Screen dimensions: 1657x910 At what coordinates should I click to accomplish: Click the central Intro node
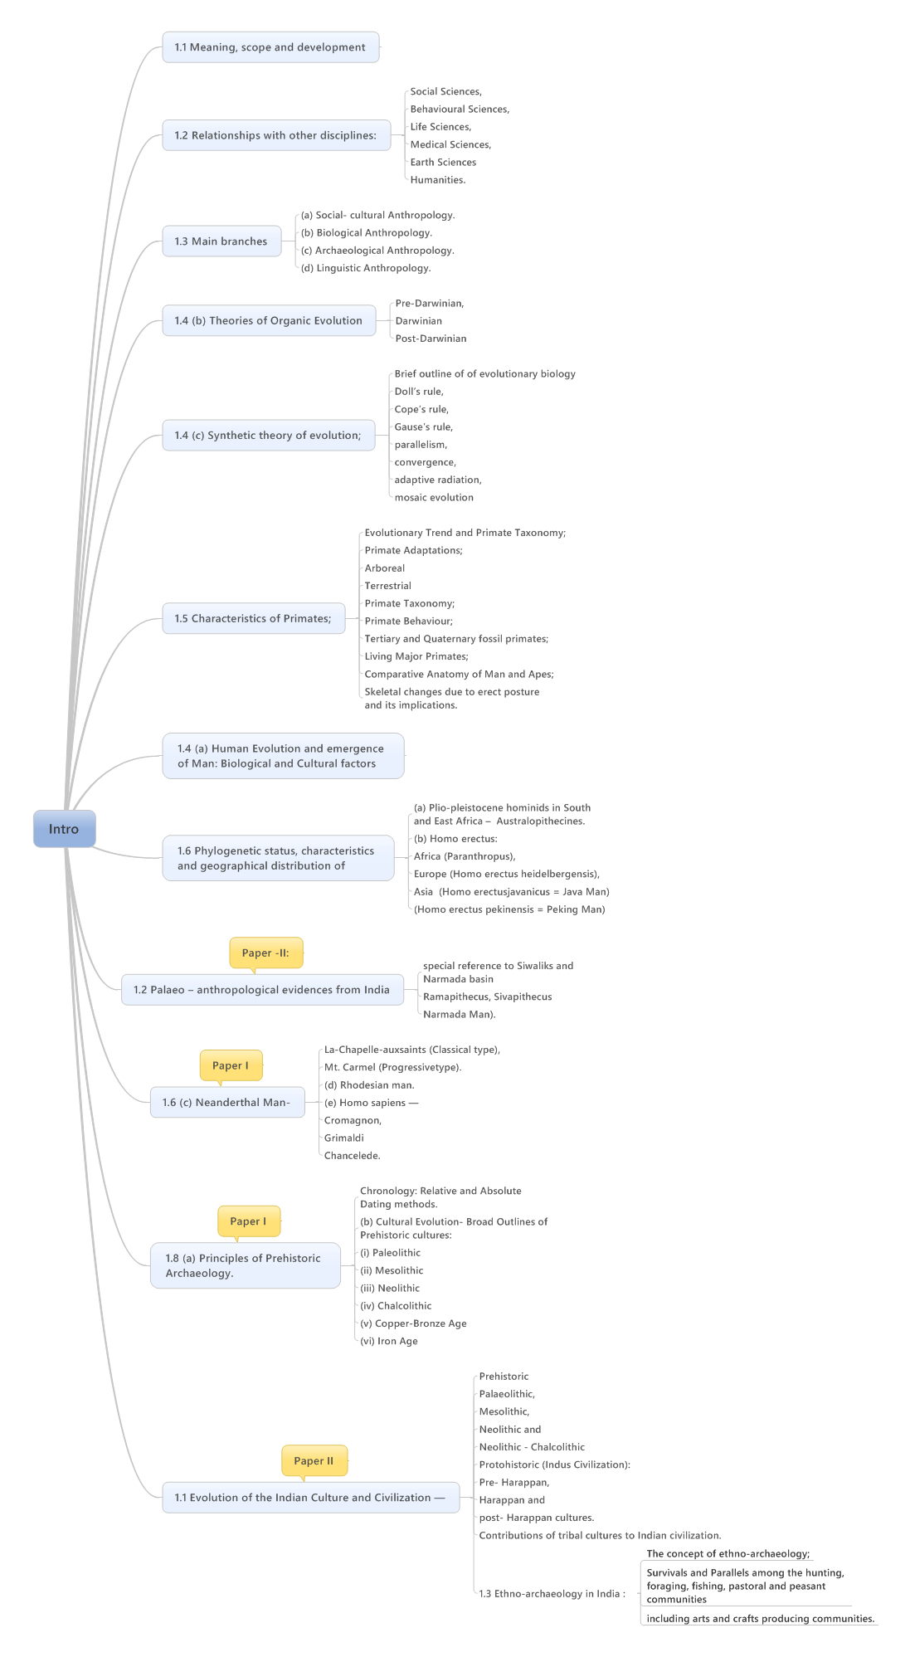(64, 829)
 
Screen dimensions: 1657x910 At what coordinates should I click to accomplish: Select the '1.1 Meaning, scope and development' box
(270, 47)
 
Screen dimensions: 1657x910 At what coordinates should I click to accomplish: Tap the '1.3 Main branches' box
(221, 241)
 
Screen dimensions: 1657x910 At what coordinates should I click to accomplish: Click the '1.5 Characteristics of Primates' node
(253, 618)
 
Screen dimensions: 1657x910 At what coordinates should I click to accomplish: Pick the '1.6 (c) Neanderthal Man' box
(226, 1103)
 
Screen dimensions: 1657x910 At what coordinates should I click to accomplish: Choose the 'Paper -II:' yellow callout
(265, 953)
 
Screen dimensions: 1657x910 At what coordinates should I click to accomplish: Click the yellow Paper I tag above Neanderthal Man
(231, 1065)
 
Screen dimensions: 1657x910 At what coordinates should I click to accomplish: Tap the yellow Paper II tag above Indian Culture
(314, 1460)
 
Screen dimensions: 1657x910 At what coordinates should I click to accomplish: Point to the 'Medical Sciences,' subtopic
(450, 144)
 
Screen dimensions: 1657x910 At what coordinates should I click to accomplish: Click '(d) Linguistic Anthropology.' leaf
(366, 268)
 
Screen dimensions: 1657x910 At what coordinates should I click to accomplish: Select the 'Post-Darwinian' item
(431, 339)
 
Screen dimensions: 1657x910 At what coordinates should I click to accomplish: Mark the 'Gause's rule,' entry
(423, 426)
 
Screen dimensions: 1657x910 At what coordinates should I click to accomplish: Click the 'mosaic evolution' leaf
(434, 497)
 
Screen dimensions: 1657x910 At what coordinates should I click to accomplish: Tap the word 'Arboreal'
(385, 568)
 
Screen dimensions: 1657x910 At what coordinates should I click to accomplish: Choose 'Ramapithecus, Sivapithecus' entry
(487, 997)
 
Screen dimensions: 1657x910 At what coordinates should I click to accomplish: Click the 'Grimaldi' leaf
(344, 1138)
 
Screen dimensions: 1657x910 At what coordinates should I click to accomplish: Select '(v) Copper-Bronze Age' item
(413, 1323)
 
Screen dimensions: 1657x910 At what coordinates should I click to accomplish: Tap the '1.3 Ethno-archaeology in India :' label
(552, 1593)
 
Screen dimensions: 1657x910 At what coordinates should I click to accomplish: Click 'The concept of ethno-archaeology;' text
(728, 1553)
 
